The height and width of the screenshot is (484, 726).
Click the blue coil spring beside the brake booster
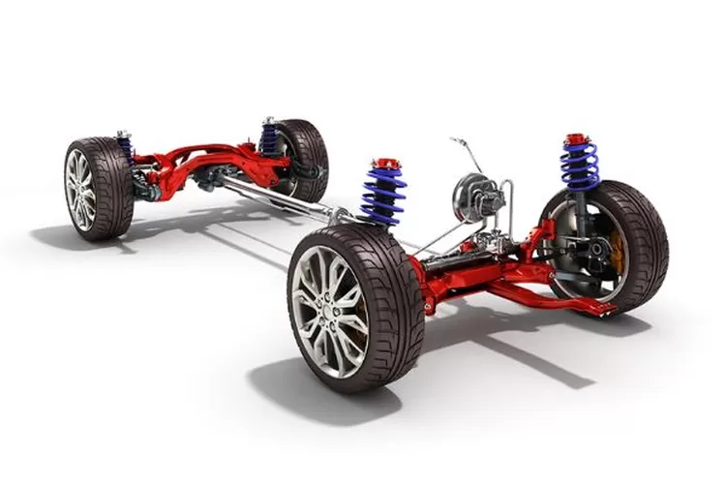point(384,194)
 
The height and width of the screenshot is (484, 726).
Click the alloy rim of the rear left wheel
point(80,188)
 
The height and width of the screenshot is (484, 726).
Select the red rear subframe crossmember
point(208,161)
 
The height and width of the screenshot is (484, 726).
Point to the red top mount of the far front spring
point(578,139)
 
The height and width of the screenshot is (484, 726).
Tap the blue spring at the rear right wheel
point(269,138)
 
